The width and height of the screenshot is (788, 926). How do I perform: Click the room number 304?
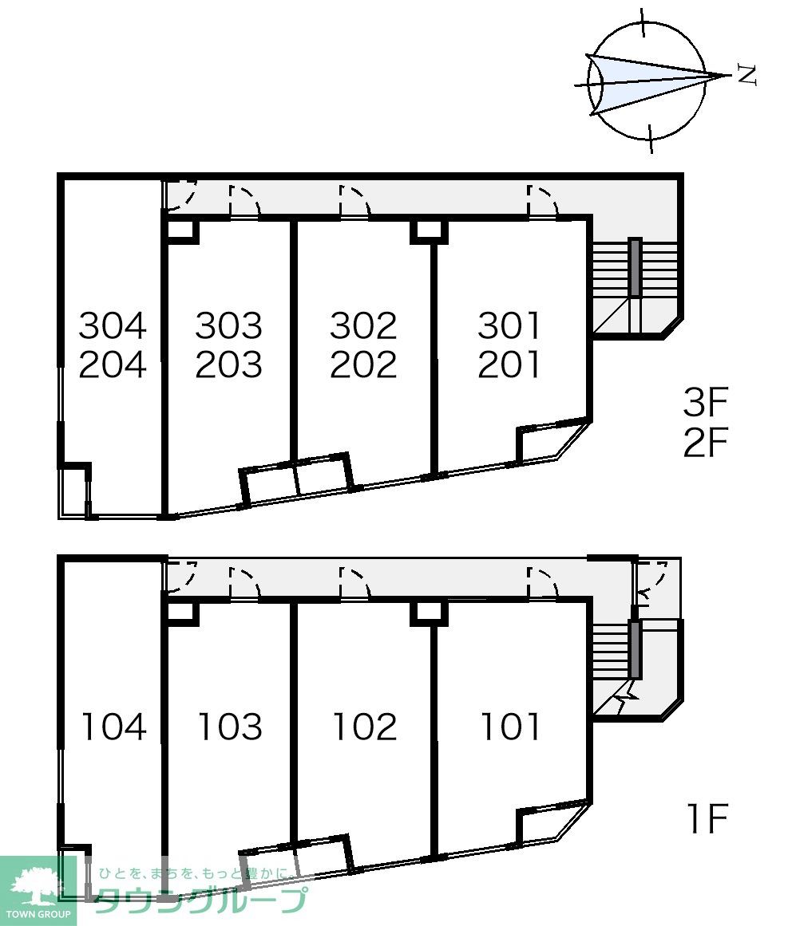coord(113,325)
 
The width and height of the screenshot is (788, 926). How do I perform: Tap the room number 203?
coord(229,364)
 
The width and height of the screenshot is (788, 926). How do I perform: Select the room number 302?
coord(363,325)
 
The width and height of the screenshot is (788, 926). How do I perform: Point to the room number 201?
coord(509,364)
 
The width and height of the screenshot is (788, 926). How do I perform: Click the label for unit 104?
coord(113,727)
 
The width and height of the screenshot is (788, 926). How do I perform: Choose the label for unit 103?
coord(229,727)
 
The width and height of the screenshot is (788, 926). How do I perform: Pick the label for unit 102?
coord(364,727)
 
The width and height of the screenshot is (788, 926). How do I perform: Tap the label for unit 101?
coord(509,727)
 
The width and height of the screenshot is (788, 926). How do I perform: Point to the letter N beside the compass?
coord(747,75)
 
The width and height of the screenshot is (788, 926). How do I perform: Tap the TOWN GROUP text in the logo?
coord(38,914)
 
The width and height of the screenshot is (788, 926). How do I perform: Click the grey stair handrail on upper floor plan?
coord(635,267)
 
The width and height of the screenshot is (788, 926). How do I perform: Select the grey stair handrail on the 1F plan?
coord(635,649)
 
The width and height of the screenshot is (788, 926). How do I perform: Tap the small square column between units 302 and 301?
coord(429,231)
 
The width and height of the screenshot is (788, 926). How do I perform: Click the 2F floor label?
coord(705,443)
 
